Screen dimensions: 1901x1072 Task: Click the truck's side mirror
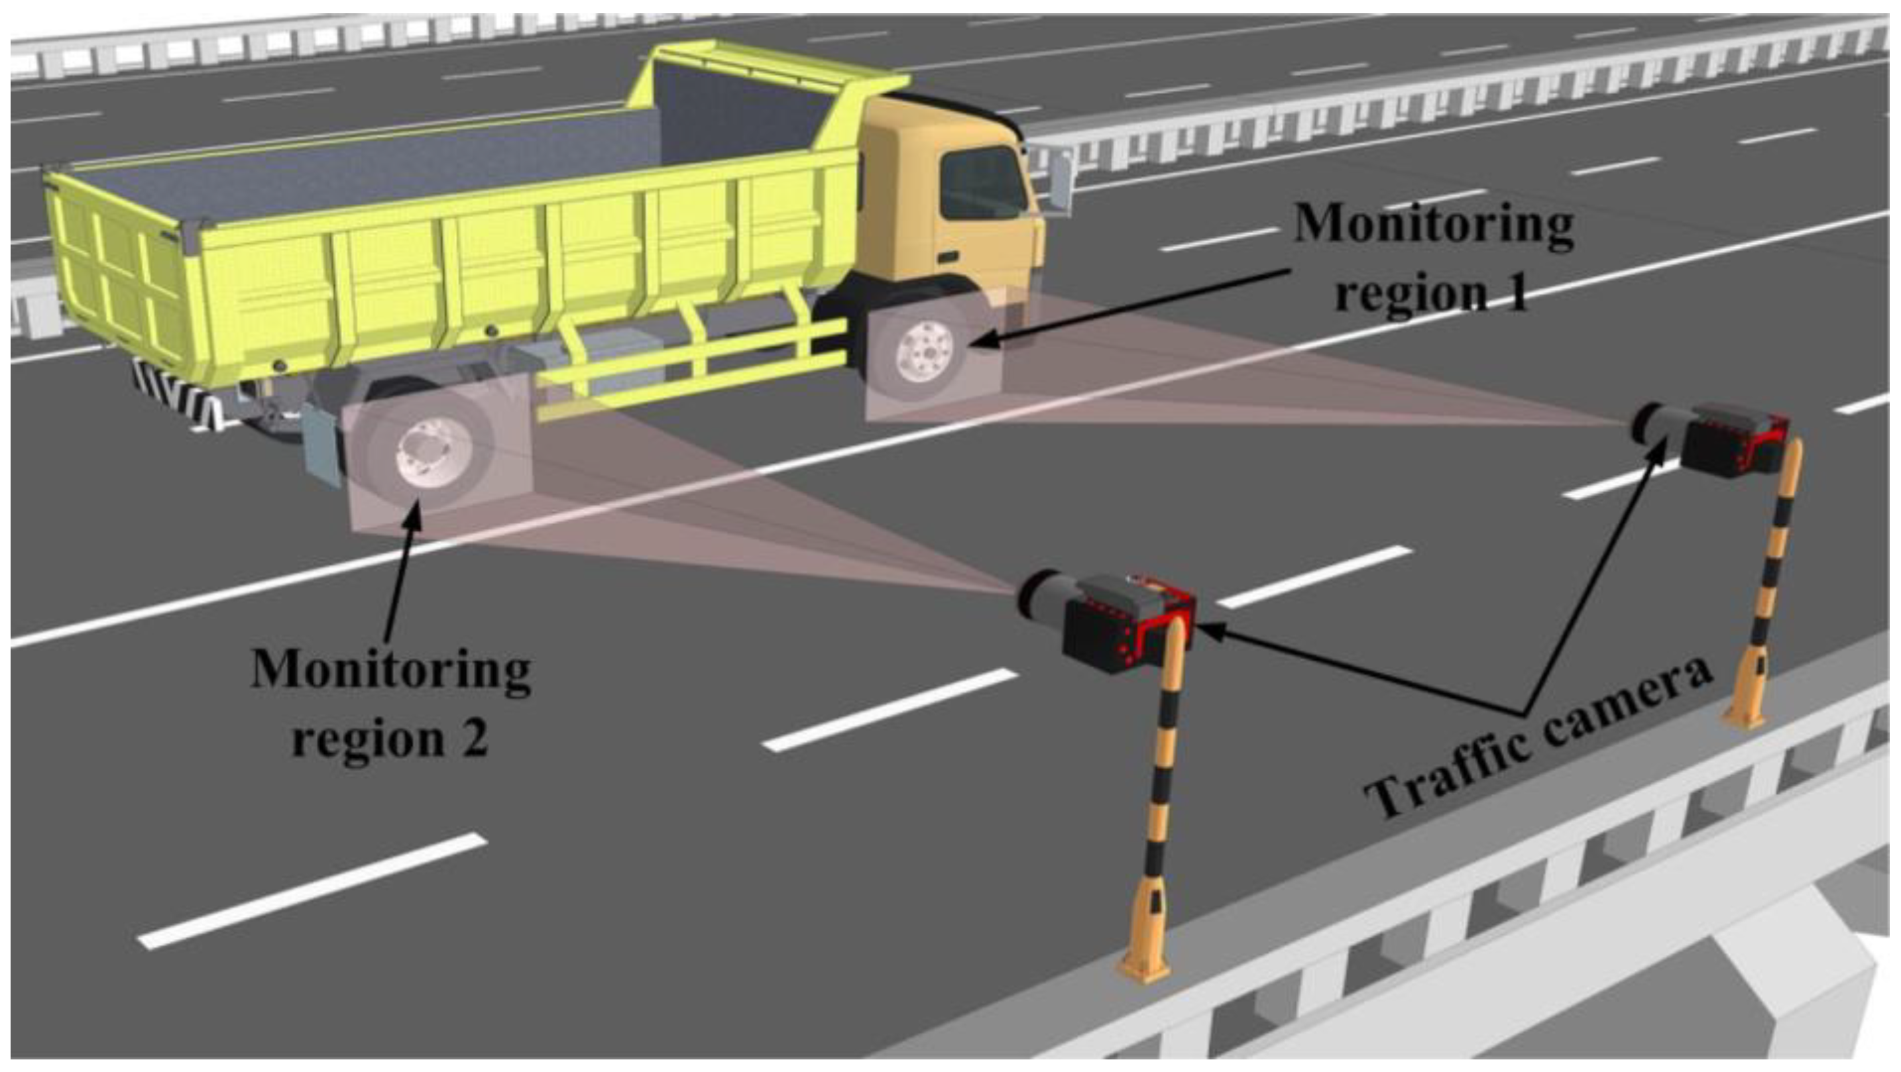pyautogui.click(x=1061, y=181)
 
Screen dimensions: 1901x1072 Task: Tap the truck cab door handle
pyautogui.click(x=950, y=257)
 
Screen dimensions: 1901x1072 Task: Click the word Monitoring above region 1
pyautogui.click(x=1432, y=223)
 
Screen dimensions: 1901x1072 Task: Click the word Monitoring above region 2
pyautogui.click(x=391, y=670)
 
